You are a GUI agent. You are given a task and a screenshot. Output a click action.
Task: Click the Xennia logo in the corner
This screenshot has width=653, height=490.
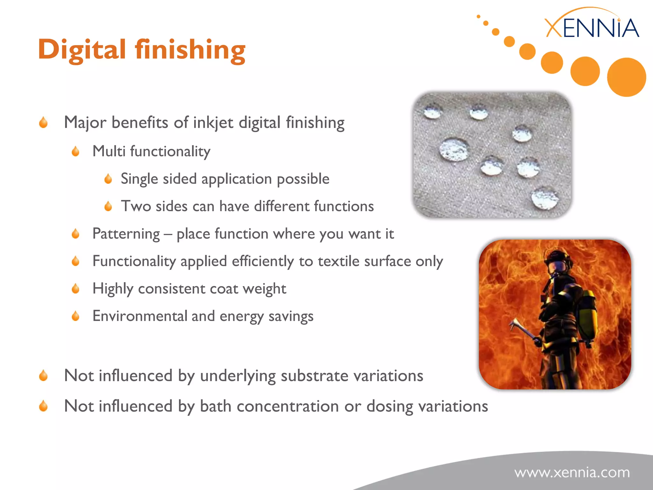(x=591, y=27)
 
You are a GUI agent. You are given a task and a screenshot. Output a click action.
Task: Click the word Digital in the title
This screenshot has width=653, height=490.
(x=82, y=50)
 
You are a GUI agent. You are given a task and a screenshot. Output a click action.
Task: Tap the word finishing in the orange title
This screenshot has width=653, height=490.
(x=190, y=50)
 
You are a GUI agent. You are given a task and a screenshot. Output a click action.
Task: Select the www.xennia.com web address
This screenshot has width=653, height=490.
(x=572, y=472)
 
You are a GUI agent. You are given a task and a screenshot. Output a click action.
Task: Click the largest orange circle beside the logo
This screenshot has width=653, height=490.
(x=626, y=77)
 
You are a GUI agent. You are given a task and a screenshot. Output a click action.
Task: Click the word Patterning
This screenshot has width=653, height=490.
(x=126, y=234)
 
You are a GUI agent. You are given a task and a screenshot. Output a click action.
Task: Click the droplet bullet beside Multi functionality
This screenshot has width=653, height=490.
(x=76, y=151)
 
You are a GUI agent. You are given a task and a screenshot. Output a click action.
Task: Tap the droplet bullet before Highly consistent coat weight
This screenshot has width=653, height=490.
(x=76, y=289)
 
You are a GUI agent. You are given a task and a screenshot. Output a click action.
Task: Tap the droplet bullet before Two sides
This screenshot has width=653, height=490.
(x=108, y=206)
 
